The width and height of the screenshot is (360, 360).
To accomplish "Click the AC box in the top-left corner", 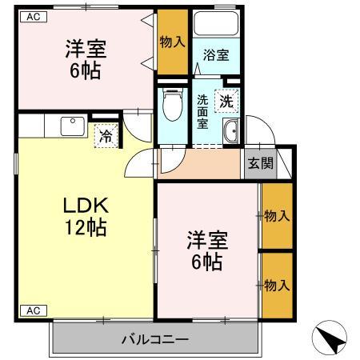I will pyautogui.click(x=31, y=15).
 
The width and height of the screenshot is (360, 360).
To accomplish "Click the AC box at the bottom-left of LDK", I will pyautogui.click(x=31, y=310).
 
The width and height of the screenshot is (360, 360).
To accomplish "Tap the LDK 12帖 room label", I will pyautogui.click(x=86, y=217).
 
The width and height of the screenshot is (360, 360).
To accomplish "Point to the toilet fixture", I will pyautogui.click(x=170, y=106).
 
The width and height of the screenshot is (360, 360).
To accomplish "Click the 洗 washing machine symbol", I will pyautogui.click(x=227, y=102).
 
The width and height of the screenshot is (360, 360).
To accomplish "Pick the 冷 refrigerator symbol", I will pyautogui.click(x=106, y=137).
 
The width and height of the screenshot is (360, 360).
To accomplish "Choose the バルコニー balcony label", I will pyautogui.click(x=156, y=338).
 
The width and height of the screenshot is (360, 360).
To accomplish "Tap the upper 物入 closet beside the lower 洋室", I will pyautogui.click(x=276, y=215).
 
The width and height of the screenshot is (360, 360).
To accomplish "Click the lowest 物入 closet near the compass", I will pyautogui.click(x=276, y=285).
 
